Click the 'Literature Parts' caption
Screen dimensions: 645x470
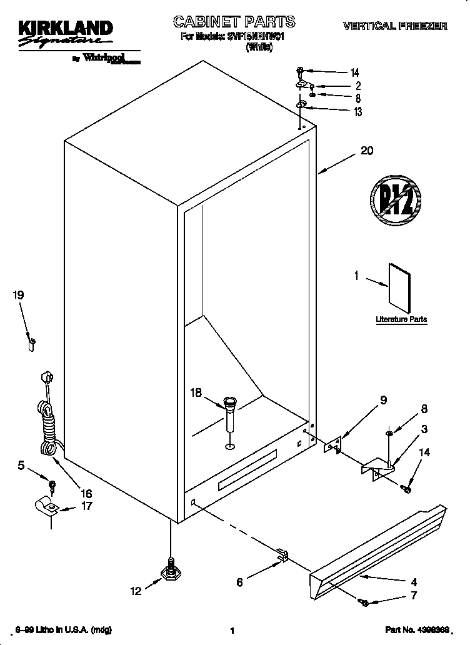coord(401,319)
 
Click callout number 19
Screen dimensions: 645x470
coord(19,295)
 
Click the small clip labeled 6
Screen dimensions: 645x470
coord(282,554)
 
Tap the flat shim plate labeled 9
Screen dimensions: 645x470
coord(332,444)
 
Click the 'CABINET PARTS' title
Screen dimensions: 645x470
coord(234,23)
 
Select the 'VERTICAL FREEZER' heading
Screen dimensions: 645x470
coord(394,26)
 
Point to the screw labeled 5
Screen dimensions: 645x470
coord(52,484)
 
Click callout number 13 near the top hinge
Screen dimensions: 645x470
coord(357,112)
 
